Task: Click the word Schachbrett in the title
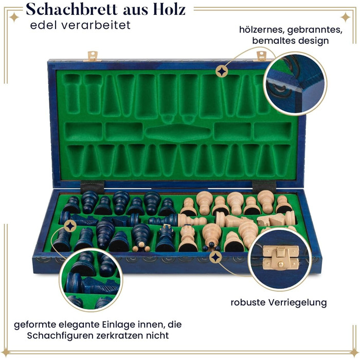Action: click(x=71, y=10)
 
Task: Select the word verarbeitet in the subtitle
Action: click(x=96, y=25)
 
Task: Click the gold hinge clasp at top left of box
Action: click(x=93, y=56)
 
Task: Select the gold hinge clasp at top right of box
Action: click(x=261, y=56)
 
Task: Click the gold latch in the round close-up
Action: click(x=281, y=257)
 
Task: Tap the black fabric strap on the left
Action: click(x=92, y=187)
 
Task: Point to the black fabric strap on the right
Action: click(x=264, y=187)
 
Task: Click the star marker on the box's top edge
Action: click(x=222, y=72)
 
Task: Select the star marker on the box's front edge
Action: click(x=215, y=258)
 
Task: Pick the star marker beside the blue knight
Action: click(x=70, y=226)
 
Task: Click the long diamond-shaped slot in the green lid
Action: click(x=178, y=133)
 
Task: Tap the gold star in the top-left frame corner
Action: click(x=14, y=17)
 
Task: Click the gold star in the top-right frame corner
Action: click(x=345, y=17)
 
